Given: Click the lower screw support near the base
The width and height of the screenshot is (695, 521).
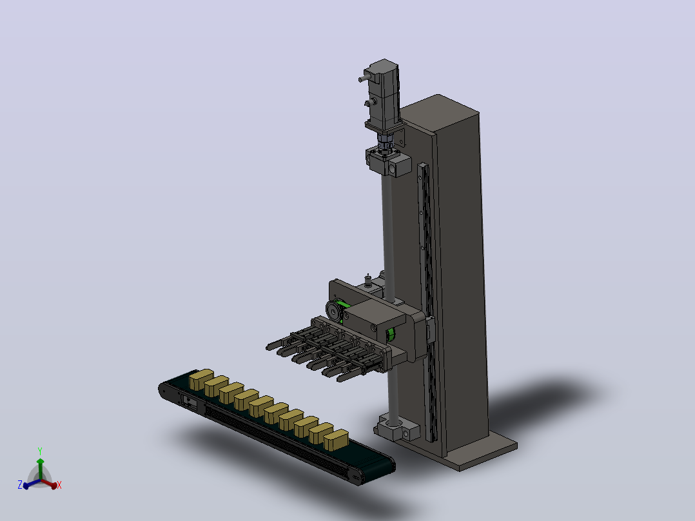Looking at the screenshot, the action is click(396, 428).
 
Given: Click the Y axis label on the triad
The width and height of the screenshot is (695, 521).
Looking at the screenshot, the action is click(40, 451).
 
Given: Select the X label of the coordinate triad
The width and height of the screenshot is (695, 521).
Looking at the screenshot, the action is click(59, 485).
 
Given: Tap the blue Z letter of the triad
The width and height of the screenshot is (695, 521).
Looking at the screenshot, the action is click(20, 485).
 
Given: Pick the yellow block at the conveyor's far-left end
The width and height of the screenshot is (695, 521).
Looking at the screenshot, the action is click(201, 379).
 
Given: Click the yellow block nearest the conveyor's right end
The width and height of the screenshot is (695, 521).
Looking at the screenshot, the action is click(336, 440).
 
